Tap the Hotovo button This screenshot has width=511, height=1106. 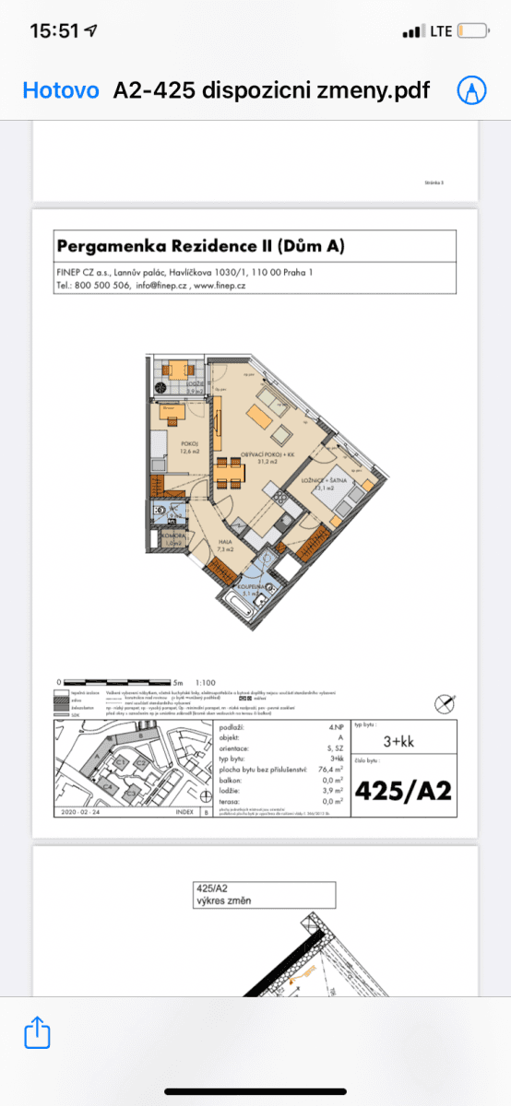pyautogui.click(x=60, y=90)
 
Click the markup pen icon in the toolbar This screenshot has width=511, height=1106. pyautogui.click(x=471, y=90)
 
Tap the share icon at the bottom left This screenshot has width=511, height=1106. pyautogui.click(x=37, y=1030)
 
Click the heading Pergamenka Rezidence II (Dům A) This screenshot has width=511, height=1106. pyautogui.click(x=201, y=246)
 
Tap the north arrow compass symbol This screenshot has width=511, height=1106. pyautogui.click(x=446, y=704)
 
